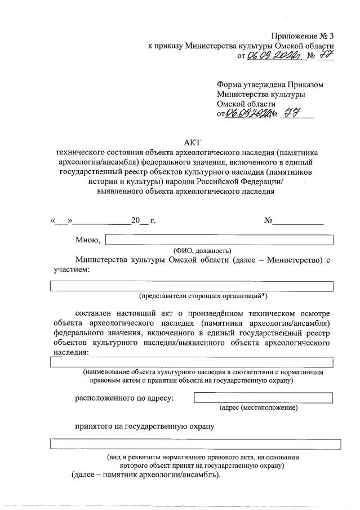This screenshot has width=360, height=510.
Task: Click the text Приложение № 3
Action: point(303,36)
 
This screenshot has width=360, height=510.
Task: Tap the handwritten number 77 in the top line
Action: point(325,55)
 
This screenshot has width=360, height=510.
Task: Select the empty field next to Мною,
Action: point(220,240)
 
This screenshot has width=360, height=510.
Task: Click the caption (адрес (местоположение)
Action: point(259,407)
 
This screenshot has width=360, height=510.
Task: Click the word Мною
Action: point(88,240)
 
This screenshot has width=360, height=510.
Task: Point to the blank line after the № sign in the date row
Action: point(299,221)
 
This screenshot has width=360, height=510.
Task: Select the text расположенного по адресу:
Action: point(125,398)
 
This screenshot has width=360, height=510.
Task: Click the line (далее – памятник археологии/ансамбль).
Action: point(146,474)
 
